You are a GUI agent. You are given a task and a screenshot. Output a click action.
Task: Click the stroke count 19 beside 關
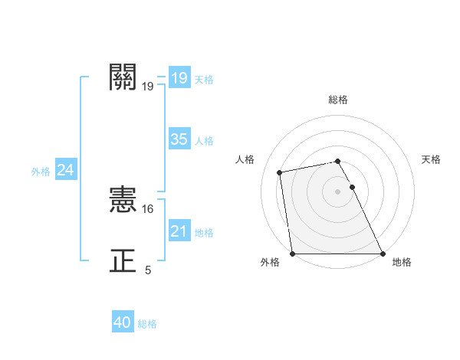pos(148,87)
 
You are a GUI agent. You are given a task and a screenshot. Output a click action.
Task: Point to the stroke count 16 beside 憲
pos(149,208)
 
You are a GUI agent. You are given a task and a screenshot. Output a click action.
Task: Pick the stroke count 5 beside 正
pos(148,270)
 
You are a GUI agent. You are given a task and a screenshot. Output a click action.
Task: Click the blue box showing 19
pos(179,78)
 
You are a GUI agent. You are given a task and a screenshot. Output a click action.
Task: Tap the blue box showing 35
pos(179,139)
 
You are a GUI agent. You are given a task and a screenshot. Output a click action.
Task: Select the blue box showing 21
pos(179,231)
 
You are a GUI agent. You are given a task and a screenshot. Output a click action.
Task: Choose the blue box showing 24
pos(65,171)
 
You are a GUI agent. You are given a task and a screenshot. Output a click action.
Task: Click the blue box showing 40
pos(122,323)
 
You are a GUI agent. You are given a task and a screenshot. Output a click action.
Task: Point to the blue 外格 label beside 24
pos(41,172)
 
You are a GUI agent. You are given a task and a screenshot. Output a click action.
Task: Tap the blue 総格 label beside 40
pos(147,324)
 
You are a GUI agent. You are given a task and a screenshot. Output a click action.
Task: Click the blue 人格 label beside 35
pos(204,141)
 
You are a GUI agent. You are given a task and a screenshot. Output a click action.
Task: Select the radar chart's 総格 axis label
pos(338,100)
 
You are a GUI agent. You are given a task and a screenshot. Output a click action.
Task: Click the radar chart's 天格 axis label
pos(431,159)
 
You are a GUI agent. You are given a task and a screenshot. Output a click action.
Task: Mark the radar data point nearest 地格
pos(383,254)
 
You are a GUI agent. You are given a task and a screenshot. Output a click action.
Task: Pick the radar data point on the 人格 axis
pos(280,172)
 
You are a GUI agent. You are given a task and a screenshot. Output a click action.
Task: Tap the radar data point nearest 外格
pos(293,254)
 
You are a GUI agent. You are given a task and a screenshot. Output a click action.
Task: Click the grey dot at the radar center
pos(337,191)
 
